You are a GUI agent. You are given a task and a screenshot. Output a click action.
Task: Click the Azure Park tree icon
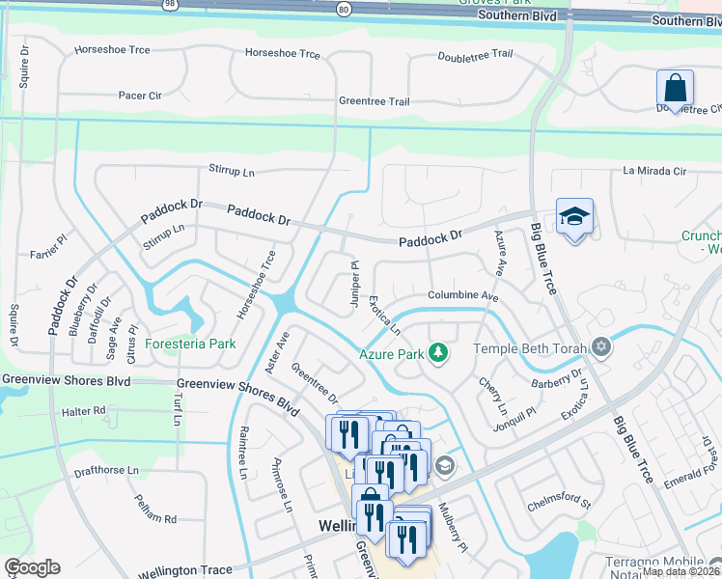tap(438, 353)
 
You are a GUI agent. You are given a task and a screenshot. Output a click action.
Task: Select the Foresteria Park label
tap(190, 344)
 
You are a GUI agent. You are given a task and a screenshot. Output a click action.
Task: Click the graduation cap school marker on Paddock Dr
tap(574, 218)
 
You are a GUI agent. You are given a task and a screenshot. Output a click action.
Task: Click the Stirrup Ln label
tap(232, 171)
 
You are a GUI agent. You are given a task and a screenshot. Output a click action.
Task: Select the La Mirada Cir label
tap(653, 171)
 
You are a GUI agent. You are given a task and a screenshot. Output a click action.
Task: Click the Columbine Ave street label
tap(463, 296)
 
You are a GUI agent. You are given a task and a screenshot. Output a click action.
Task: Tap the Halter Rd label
tap(83, 411)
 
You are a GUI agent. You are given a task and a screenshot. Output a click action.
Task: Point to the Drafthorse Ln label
tap(106, 472)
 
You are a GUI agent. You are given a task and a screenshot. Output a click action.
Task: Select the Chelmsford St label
tap(559, 502)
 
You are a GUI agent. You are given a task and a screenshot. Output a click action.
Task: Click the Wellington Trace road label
tap(185, 570)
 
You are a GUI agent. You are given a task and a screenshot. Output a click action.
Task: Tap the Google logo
tap(32, 567)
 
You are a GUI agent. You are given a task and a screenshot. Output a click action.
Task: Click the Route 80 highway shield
tap(344, 10)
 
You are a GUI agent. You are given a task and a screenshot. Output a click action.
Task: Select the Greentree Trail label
tap(374, 101)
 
